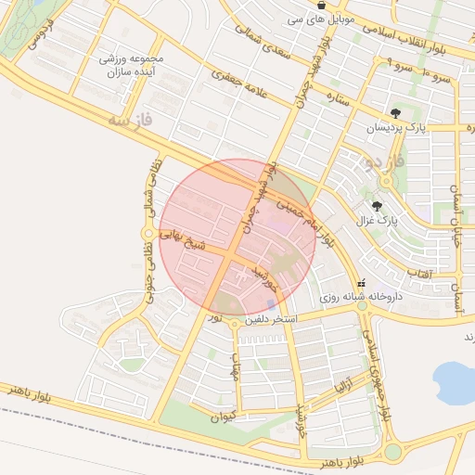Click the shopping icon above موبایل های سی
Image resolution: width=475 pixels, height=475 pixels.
(321, 5)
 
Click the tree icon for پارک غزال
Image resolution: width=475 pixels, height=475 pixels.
(377, 206)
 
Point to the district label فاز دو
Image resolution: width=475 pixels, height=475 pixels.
(386, 164)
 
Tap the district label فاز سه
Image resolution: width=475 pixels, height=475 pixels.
(128, 119)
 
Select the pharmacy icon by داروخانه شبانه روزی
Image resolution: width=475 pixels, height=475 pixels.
(361, 283)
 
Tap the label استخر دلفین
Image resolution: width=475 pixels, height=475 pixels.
(270, 320)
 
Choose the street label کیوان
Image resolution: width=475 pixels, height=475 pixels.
(224, 417)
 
